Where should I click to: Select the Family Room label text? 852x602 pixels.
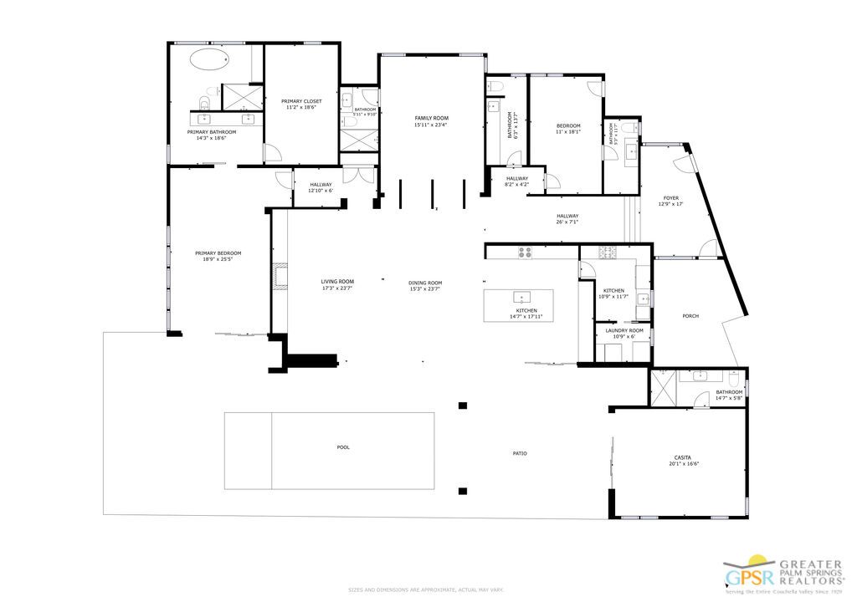pos(431,119)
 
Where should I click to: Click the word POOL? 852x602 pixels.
pos(343,447)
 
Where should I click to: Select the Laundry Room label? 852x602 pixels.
pos(624,330)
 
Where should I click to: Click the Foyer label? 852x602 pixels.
pos(672,198)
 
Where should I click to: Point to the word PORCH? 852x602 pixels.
pos(690,316)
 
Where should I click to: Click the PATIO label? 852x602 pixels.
pos(520,453)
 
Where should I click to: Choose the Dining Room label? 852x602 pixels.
pos(425,283)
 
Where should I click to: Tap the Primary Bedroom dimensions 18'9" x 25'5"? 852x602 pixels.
pos(218,259)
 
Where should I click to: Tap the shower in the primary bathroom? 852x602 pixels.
pos(244,97)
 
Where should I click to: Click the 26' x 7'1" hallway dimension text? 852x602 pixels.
pos(567,222)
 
